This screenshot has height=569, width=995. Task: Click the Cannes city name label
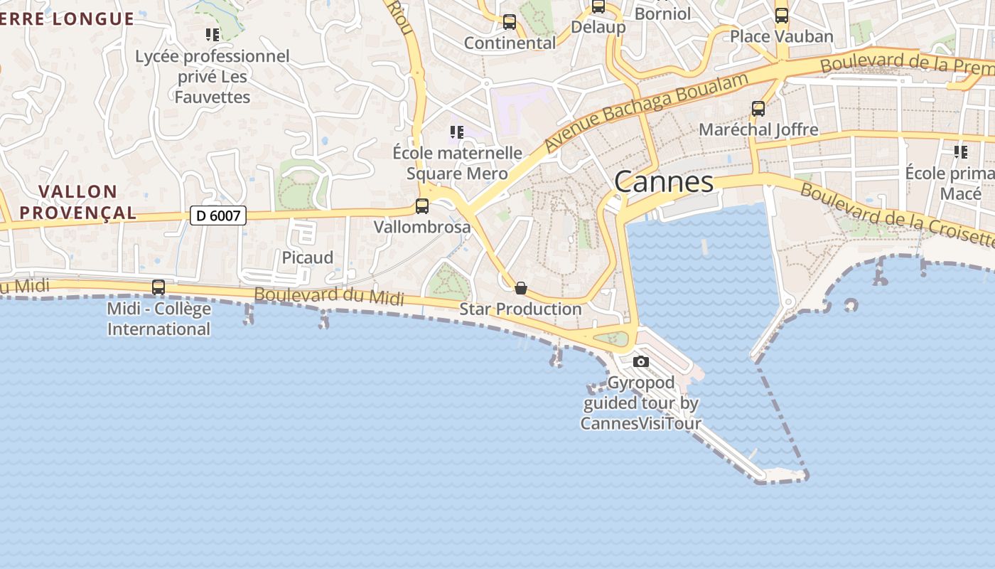(x=664, y=181)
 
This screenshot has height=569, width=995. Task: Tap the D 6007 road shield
(x=218, y=216)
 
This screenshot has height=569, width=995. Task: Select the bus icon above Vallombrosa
(x=422, y=206)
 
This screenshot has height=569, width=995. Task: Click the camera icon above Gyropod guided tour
(x=641, y=361)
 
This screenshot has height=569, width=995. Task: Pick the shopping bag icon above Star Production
(x=521, y=288)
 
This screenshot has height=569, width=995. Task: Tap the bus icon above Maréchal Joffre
(x=758, y=109)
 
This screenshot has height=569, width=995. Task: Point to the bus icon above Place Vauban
(x=782, y=15)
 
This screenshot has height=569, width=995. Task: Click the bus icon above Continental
(x=510, y=22)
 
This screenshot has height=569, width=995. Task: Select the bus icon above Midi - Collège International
(x=158, y=287)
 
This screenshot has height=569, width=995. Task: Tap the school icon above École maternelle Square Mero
(x=457, y=132)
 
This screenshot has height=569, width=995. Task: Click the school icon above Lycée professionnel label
(x=212, y=34)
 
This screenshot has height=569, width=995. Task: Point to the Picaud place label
(x=308, y=257)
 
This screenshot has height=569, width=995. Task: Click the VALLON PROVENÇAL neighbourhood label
(x=78, y=202)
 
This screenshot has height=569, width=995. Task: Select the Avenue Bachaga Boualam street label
(x=646, y=112)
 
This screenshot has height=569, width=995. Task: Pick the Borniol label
(x=662, y=14)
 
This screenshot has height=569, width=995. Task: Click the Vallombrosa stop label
(x=422, y=227)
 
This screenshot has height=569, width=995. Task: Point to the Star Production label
(x=520, y=309)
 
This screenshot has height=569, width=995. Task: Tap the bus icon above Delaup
(x=598, y=6)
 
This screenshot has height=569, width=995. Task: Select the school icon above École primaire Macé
(x=961, y=151)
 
